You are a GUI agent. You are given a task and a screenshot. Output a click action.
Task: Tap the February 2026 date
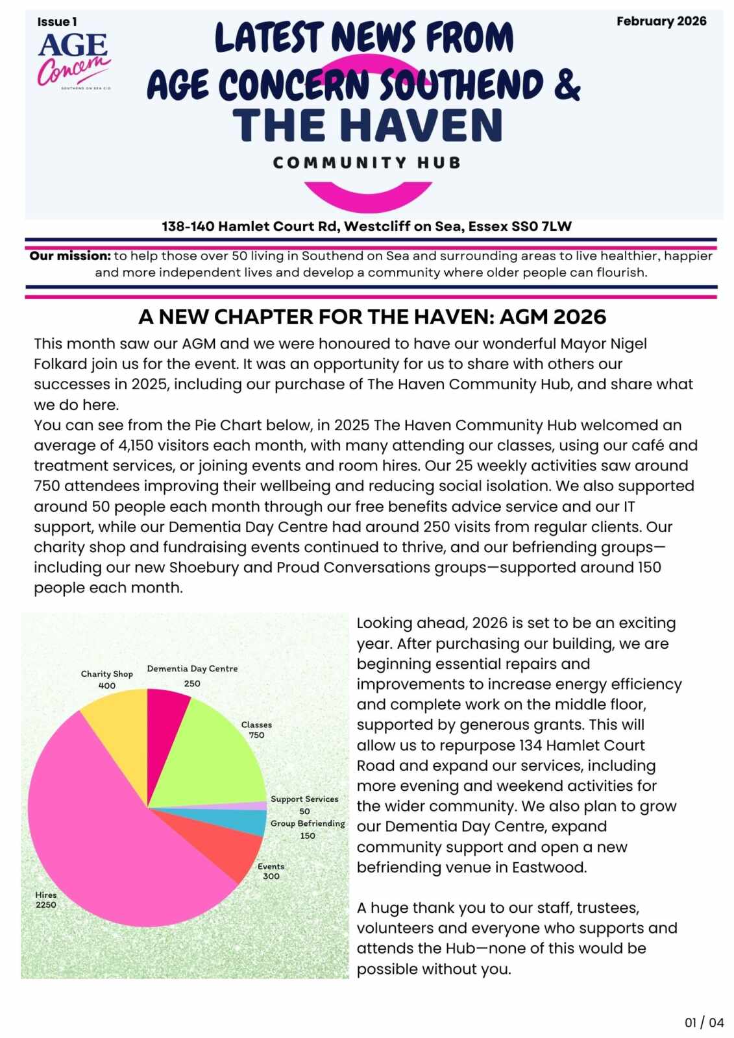tap(661, 21)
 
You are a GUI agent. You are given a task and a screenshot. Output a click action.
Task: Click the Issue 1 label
tap(57, 22)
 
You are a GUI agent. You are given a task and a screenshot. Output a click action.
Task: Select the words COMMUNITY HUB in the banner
tap(367, 162)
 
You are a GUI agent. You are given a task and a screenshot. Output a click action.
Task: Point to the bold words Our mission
tap(70, 256)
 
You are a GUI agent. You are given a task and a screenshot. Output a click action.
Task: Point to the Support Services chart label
tap(304, 799)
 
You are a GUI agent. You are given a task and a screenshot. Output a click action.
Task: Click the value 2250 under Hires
tap(46, 904)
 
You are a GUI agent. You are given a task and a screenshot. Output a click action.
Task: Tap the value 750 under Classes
tap(256, 735)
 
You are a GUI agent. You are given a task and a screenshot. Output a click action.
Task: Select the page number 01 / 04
tap(704, 1022)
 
